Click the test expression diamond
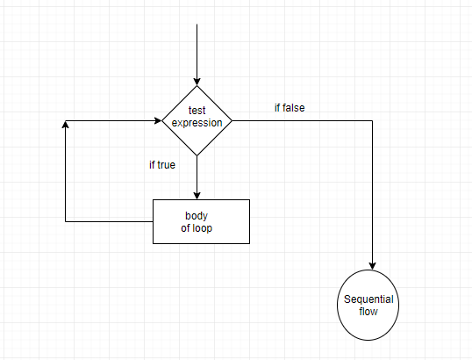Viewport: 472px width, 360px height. [197, 120]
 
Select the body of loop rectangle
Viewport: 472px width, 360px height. [201, 221]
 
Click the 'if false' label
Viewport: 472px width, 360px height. [290, 108]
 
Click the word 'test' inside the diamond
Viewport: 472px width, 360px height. [197, 111]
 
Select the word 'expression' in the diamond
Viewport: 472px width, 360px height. [197, 123]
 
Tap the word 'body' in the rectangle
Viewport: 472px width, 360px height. [197, 216]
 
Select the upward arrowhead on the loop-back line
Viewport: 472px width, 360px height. [66, 125]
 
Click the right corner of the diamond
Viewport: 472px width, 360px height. [232, 120]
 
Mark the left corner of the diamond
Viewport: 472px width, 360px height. [162, 120]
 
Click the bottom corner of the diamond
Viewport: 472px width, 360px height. [197, 156]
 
